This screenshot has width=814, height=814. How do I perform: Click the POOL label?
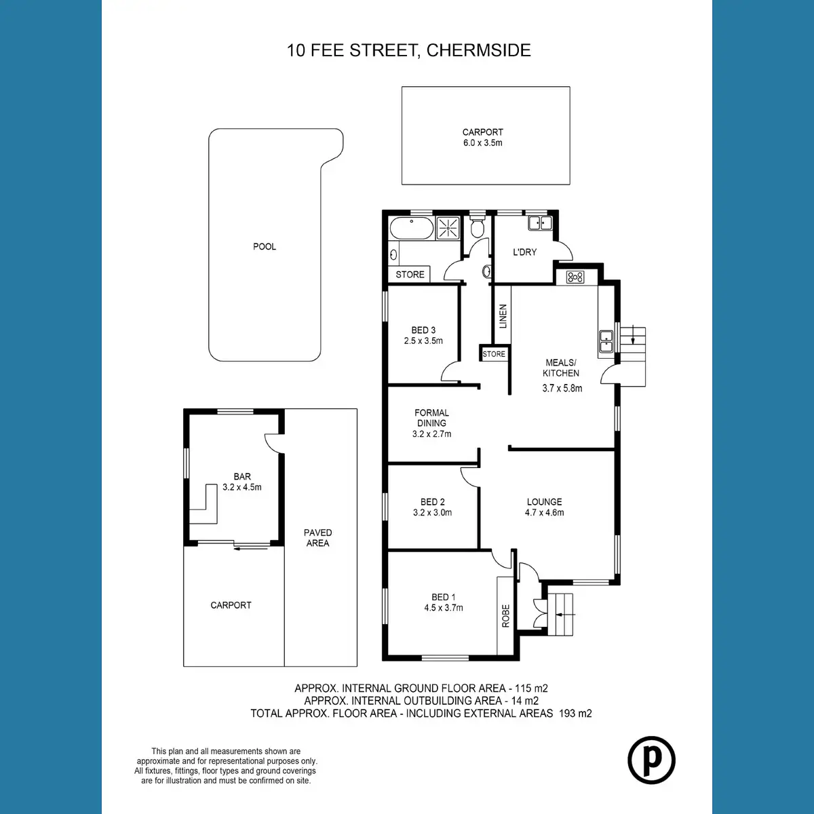click(x=265, y=246)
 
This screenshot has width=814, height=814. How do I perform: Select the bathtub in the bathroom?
click(x=412, y=228)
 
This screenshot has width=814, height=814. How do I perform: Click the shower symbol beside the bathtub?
click(x=447, y=228)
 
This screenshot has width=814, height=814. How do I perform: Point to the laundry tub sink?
click(x=540, y=222)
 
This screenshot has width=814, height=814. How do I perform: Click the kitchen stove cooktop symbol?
click(x=575, y=277)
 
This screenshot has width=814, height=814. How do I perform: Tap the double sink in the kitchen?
click(x=606, y=341)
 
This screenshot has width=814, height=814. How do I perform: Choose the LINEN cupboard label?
click(x=503, y=316)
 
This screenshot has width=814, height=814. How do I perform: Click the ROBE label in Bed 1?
click(x=505, y=615)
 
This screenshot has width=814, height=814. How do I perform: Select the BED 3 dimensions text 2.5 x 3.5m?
click(x=423, y=341)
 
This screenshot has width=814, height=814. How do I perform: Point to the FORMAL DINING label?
click(x=431, y=418)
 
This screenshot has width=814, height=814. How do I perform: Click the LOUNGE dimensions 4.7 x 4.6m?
click(x=545, y=512)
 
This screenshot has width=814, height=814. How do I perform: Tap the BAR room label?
click(x=242, y=476)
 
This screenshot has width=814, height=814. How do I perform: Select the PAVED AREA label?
click(x=317, y=538)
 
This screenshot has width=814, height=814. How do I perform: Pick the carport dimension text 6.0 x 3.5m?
click(x=483, y=142)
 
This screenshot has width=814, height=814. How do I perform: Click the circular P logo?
click(x=651, y=760)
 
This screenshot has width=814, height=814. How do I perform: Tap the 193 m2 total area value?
click(x=575, y=714)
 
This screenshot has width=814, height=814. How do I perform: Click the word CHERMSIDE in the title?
click(x=479, y=50)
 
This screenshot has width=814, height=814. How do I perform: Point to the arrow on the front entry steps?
click(x=566, y=615)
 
